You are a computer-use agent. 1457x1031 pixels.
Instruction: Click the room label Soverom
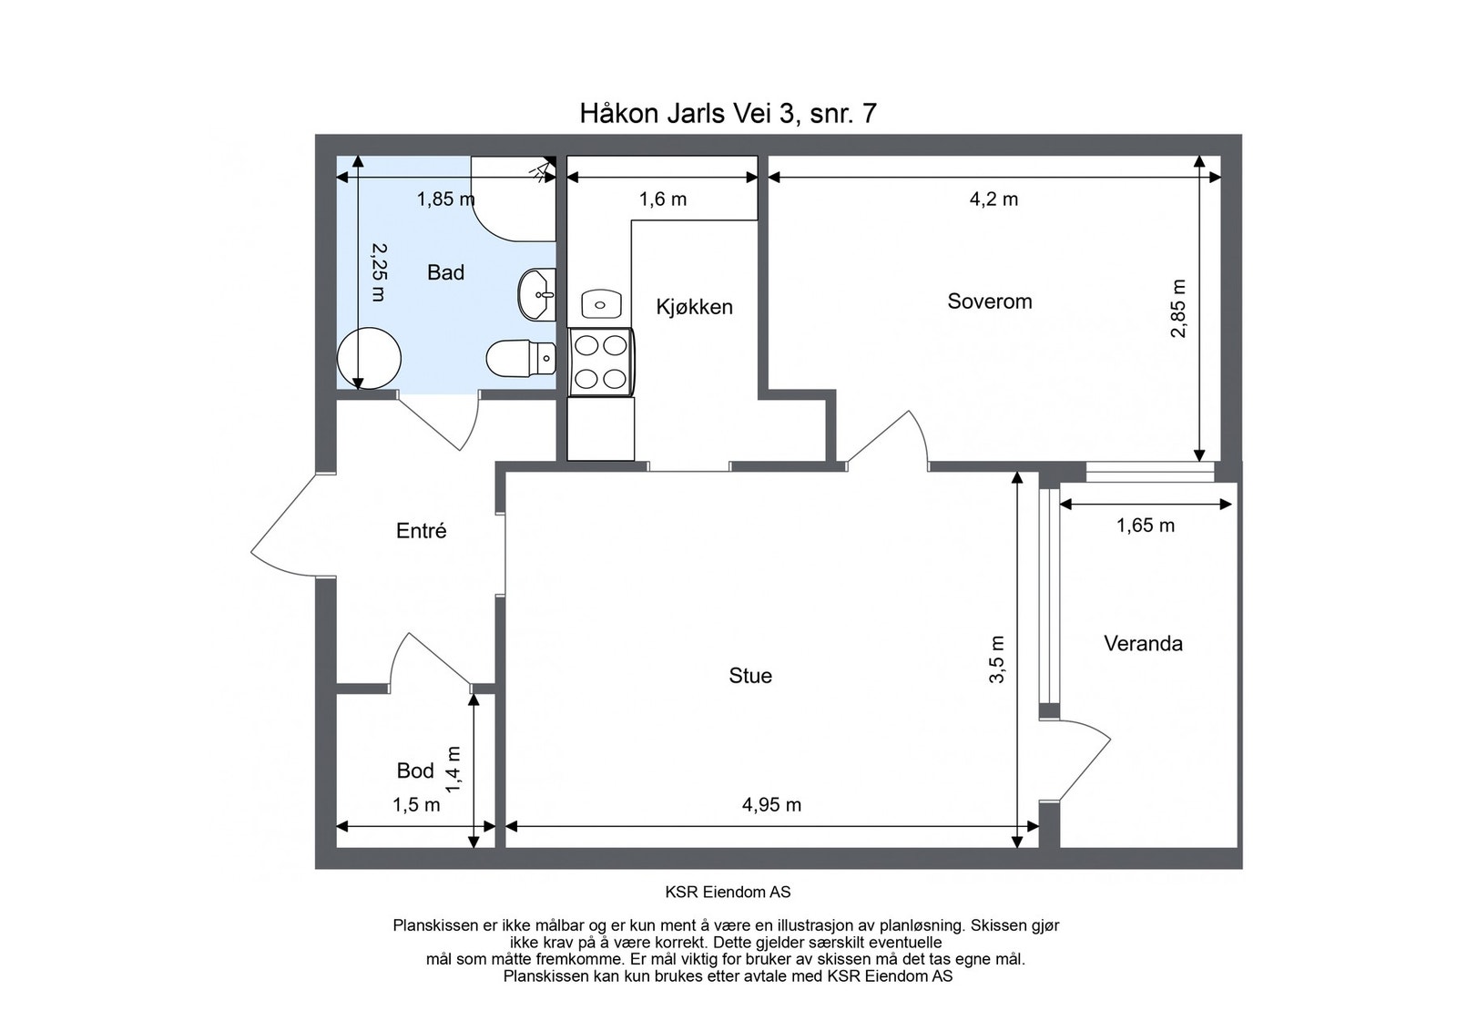(989, 301)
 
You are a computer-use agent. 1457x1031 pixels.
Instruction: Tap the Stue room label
(750, 675)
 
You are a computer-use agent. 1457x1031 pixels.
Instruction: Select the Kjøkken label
(694, 307)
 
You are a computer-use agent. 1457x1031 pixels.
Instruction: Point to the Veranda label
(1143, 643)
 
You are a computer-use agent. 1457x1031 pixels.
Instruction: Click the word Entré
(421, 531)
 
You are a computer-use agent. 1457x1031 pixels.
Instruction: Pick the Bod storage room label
(415, 771)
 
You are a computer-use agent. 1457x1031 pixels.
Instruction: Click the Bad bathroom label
(445, 272)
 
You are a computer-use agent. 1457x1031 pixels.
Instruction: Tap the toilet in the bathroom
(521, 358)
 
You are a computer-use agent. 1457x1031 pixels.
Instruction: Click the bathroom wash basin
(537, 295)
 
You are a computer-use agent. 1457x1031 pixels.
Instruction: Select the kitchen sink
(601, 304)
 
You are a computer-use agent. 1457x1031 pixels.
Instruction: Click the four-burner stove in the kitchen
(601, 362)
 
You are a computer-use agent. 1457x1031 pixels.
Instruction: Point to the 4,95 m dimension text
(771, 804)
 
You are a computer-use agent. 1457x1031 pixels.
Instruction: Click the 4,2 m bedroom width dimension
(993, 199)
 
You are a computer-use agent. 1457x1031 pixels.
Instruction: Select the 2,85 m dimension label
(1178, 309)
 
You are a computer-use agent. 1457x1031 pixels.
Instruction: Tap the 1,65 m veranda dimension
(1146, 525)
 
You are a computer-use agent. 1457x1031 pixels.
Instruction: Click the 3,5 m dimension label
(996, 658)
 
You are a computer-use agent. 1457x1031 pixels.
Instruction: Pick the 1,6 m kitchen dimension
(662, 199)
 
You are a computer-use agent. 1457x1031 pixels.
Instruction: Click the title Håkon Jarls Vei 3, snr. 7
(728, 113)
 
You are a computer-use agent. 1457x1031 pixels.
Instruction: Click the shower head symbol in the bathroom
(543, 169)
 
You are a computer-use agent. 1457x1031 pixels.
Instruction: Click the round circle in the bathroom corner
(369, 359)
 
